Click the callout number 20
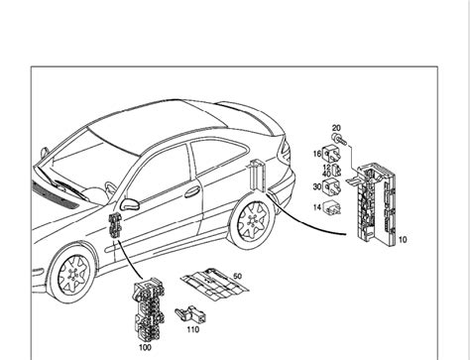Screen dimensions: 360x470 click(x=336, y=129)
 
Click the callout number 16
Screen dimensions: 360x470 click(x=317, y=155)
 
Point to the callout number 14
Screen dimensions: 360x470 click(x=317, y=207)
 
